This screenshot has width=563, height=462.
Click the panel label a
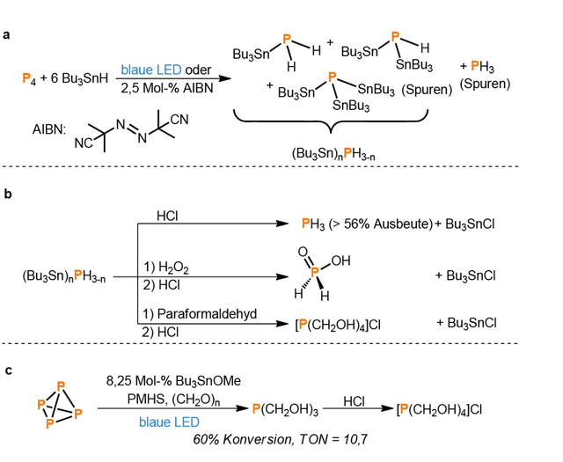pos(6,35)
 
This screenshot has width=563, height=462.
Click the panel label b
pos(7,194)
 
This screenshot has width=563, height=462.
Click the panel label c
pos(8,370)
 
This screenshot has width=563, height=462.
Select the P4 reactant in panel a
pos(29,78)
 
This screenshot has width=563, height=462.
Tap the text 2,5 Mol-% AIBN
pos(167,88)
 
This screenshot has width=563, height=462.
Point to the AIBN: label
pos(49,129)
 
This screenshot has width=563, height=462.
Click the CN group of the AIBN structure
pos(179,120)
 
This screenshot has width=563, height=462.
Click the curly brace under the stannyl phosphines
pos(331,122)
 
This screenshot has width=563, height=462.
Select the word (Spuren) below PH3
pos(485,84)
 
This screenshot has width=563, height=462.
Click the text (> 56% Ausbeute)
pos(380,224)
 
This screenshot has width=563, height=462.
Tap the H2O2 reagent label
pos(173,268)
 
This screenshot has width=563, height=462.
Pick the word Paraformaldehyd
pos(208,314)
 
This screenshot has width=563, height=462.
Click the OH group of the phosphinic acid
pos(340,260)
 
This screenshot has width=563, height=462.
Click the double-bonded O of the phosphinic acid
pos(303,252)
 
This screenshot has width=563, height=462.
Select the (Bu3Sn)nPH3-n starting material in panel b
pos(64,276)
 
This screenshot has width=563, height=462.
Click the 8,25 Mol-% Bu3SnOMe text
pos(173,381)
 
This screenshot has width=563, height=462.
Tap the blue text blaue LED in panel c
pos(169,422)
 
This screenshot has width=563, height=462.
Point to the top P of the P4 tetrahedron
pos(61,386)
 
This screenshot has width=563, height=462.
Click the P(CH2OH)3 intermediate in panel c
pos(285,409)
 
